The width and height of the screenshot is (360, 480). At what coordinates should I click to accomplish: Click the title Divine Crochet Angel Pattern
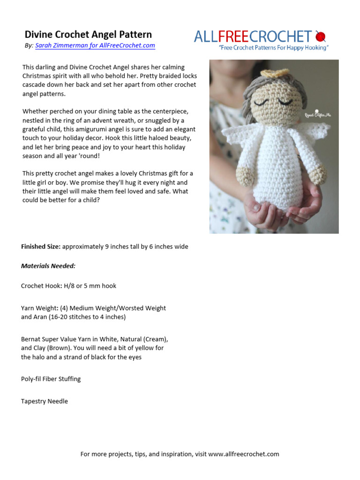point(88,35)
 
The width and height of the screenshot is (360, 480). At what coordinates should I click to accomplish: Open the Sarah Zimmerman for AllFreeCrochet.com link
point(95,45)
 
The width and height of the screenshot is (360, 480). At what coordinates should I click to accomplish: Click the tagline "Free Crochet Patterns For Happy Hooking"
point(274,48)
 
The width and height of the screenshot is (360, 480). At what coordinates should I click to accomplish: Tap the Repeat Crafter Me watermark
point(317,114)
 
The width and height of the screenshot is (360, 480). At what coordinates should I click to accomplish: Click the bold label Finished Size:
point(41,247)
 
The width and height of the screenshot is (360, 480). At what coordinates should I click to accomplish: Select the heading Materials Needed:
point(48,266)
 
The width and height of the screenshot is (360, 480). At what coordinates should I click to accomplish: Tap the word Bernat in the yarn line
point(31,339)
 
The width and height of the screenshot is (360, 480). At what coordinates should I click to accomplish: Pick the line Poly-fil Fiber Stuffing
point(51,379)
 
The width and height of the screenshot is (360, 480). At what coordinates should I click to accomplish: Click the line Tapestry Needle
point(45,401)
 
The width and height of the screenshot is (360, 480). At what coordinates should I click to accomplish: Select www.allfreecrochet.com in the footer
point(243,454)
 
